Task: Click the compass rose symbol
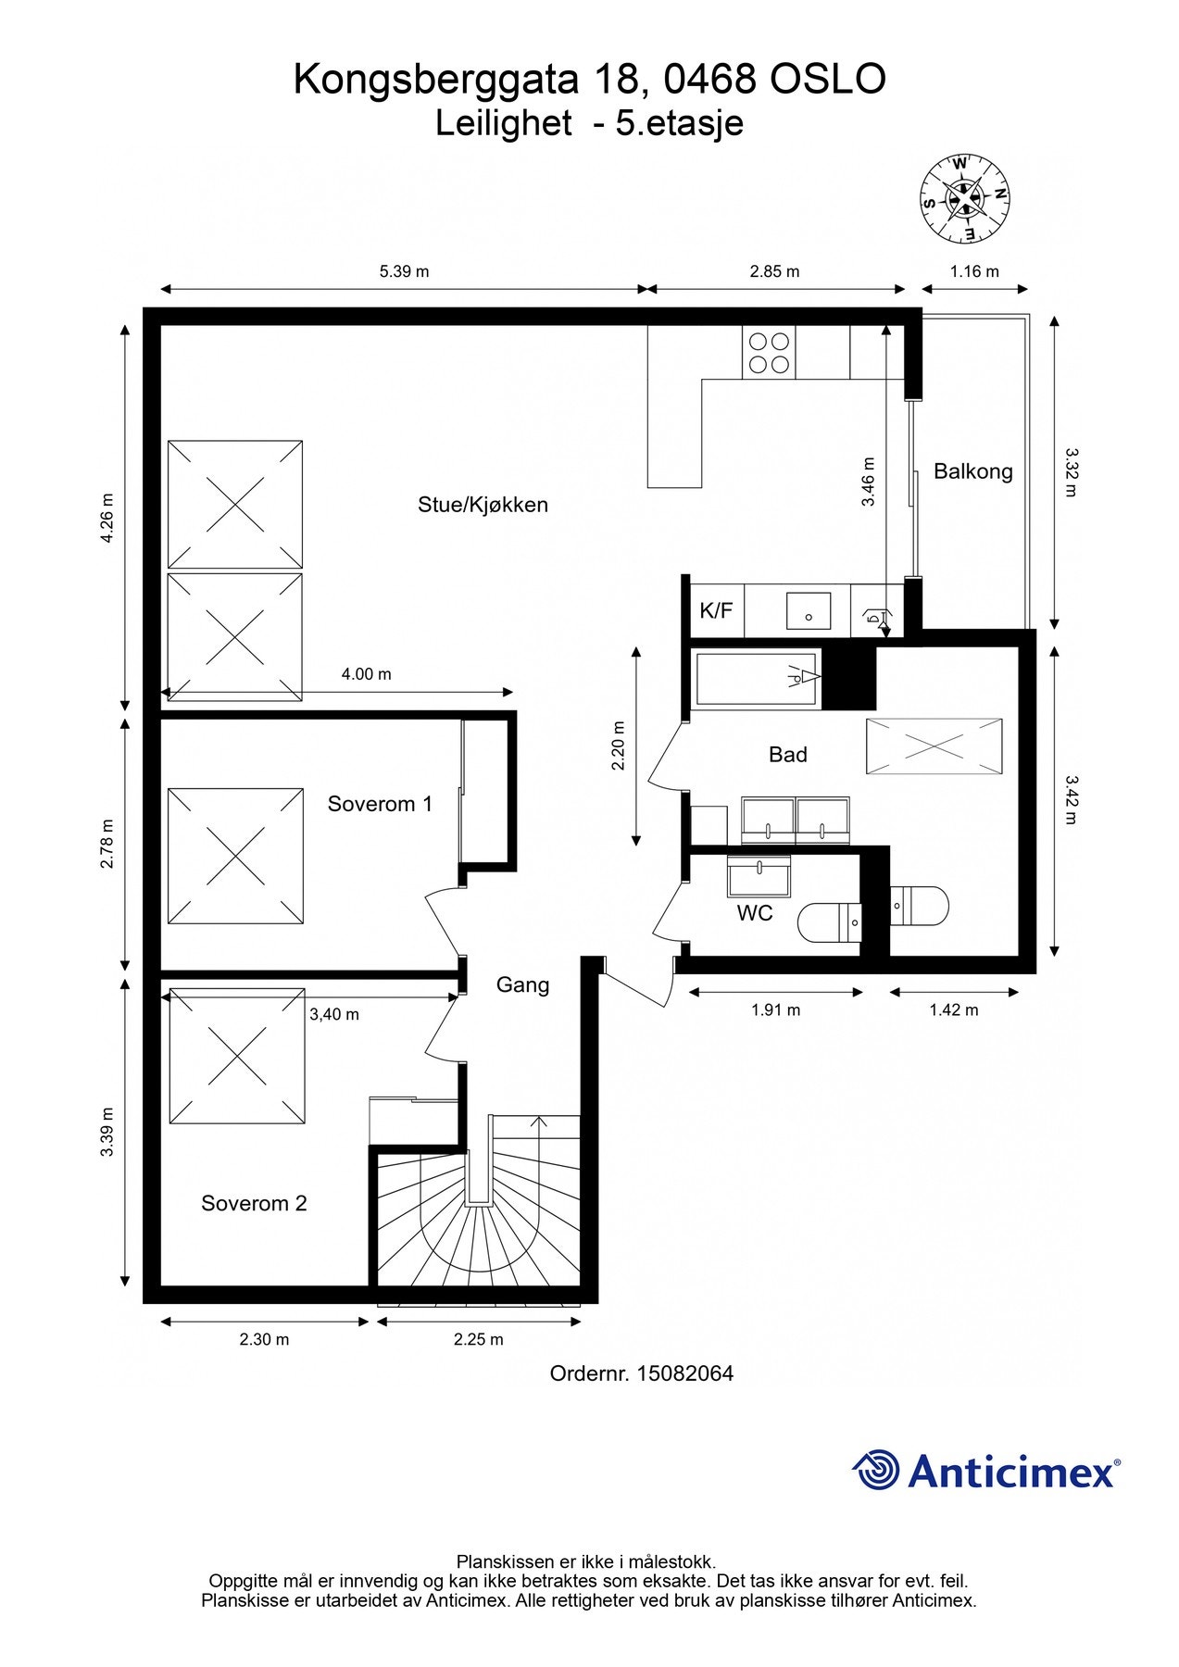pyautogui.click(x=964, y=198)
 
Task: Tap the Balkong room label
pyautogui.click(x=972, y=471)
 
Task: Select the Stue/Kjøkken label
pyautogui.click(x=483, y=505)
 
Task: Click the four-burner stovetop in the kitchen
pyautogui.click(x=769, y=352)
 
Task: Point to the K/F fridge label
pyautogui.click(x=716, y=610)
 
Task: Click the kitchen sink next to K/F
pyautogui.click(x=809, y=611)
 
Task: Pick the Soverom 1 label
pyautogui.click(x=380, y=804)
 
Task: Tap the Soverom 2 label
pyautogui.click(x=254, y=1204)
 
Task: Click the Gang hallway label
pyautogui.click(x=522, y=985)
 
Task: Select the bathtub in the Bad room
pyautogui.click(x=758, y=679)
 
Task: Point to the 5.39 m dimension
pyautogui.click(x=405, y=271)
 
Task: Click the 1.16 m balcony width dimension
pyautogui.click(x=974, y=271)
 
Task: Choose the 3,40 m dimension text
pyautogui.click(x=334, y=1014)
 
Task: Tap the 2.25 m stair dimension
pyautogui.click(x=479, y=1339)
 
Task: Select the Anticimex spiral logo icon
pyautogui.click(x=876, y=1471)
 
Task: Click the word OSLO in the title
pyautogui.click(x=827, y=80)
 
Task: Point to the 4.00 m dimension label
pyautogui.click(x=366, y=674)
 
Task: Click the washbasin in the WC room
pyautogui.click(x=759, y=875)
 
